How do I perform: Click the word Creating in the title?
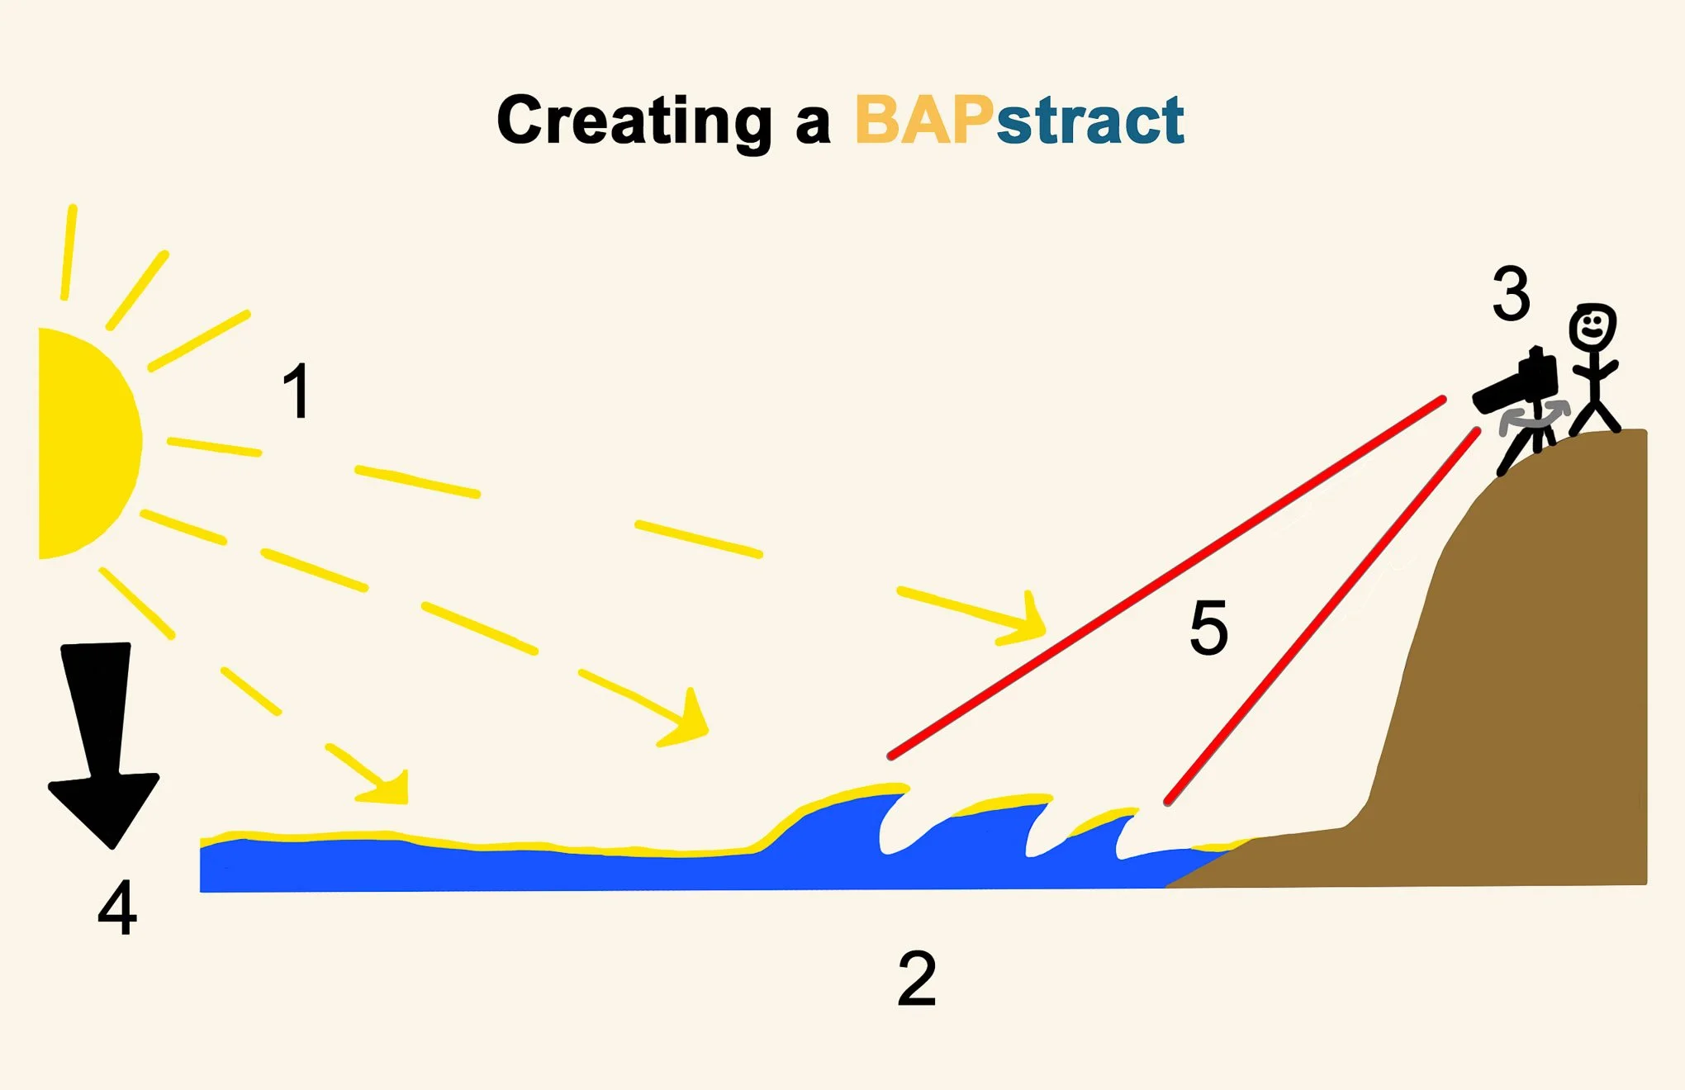tap(634, 121)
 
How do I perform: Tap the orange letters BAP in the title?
tap(923, 121)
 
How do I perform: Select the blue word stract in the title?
tap(1090, 121)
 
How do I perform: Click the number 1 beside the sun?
tap(297, 391)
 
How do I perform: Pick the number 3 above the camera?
tap(1511, 294)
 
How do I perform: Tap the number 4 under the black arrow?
tap(117, 908)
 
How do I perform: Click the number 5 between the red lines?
tap(1208, 628)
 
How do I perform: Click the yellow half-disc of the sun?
tap(83, 443)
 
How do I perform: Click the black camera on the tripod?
tap(1520, 386)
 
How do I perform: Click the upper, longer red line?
tap(1165, 578)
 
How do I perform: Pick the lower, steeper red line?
tap(1322, 615)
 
